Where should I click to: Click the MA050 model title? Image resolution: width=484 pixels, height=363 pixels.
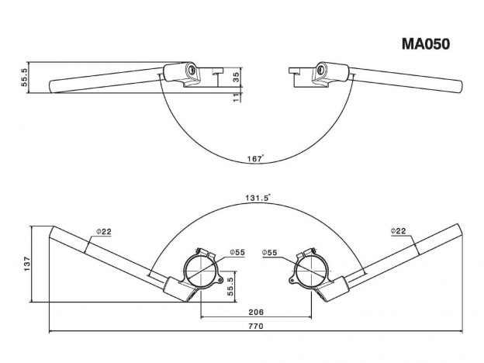(x=426, y=44)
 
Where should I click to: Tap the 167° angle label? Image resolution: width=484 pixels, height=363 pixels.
(x=256, y=159)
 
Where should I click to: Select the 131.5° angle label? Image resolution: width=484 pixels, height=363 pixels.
(x=258, y=198)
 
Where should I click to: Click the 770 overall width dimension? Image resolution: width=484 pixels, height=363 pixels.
(x=256, y=326)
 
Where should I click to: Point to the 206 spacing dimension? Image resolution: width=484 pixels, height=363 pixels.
(x=256, y=312)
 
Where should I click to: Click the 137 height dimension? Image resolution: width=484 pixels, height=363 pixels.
(x=27, y=264)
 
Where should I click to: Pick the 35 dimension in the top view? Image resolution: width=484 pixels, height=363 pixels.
(x=237, y=78)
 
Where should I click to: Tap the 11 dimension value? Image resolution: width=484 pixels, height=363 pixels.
(x=237, y=98)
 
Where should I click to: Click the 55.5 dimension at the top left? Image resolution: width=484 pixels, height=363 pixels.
(x=25, y=77)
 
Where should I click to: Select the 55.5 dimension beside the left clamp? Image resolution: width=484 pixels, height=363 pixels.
(x=230, y=286)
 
